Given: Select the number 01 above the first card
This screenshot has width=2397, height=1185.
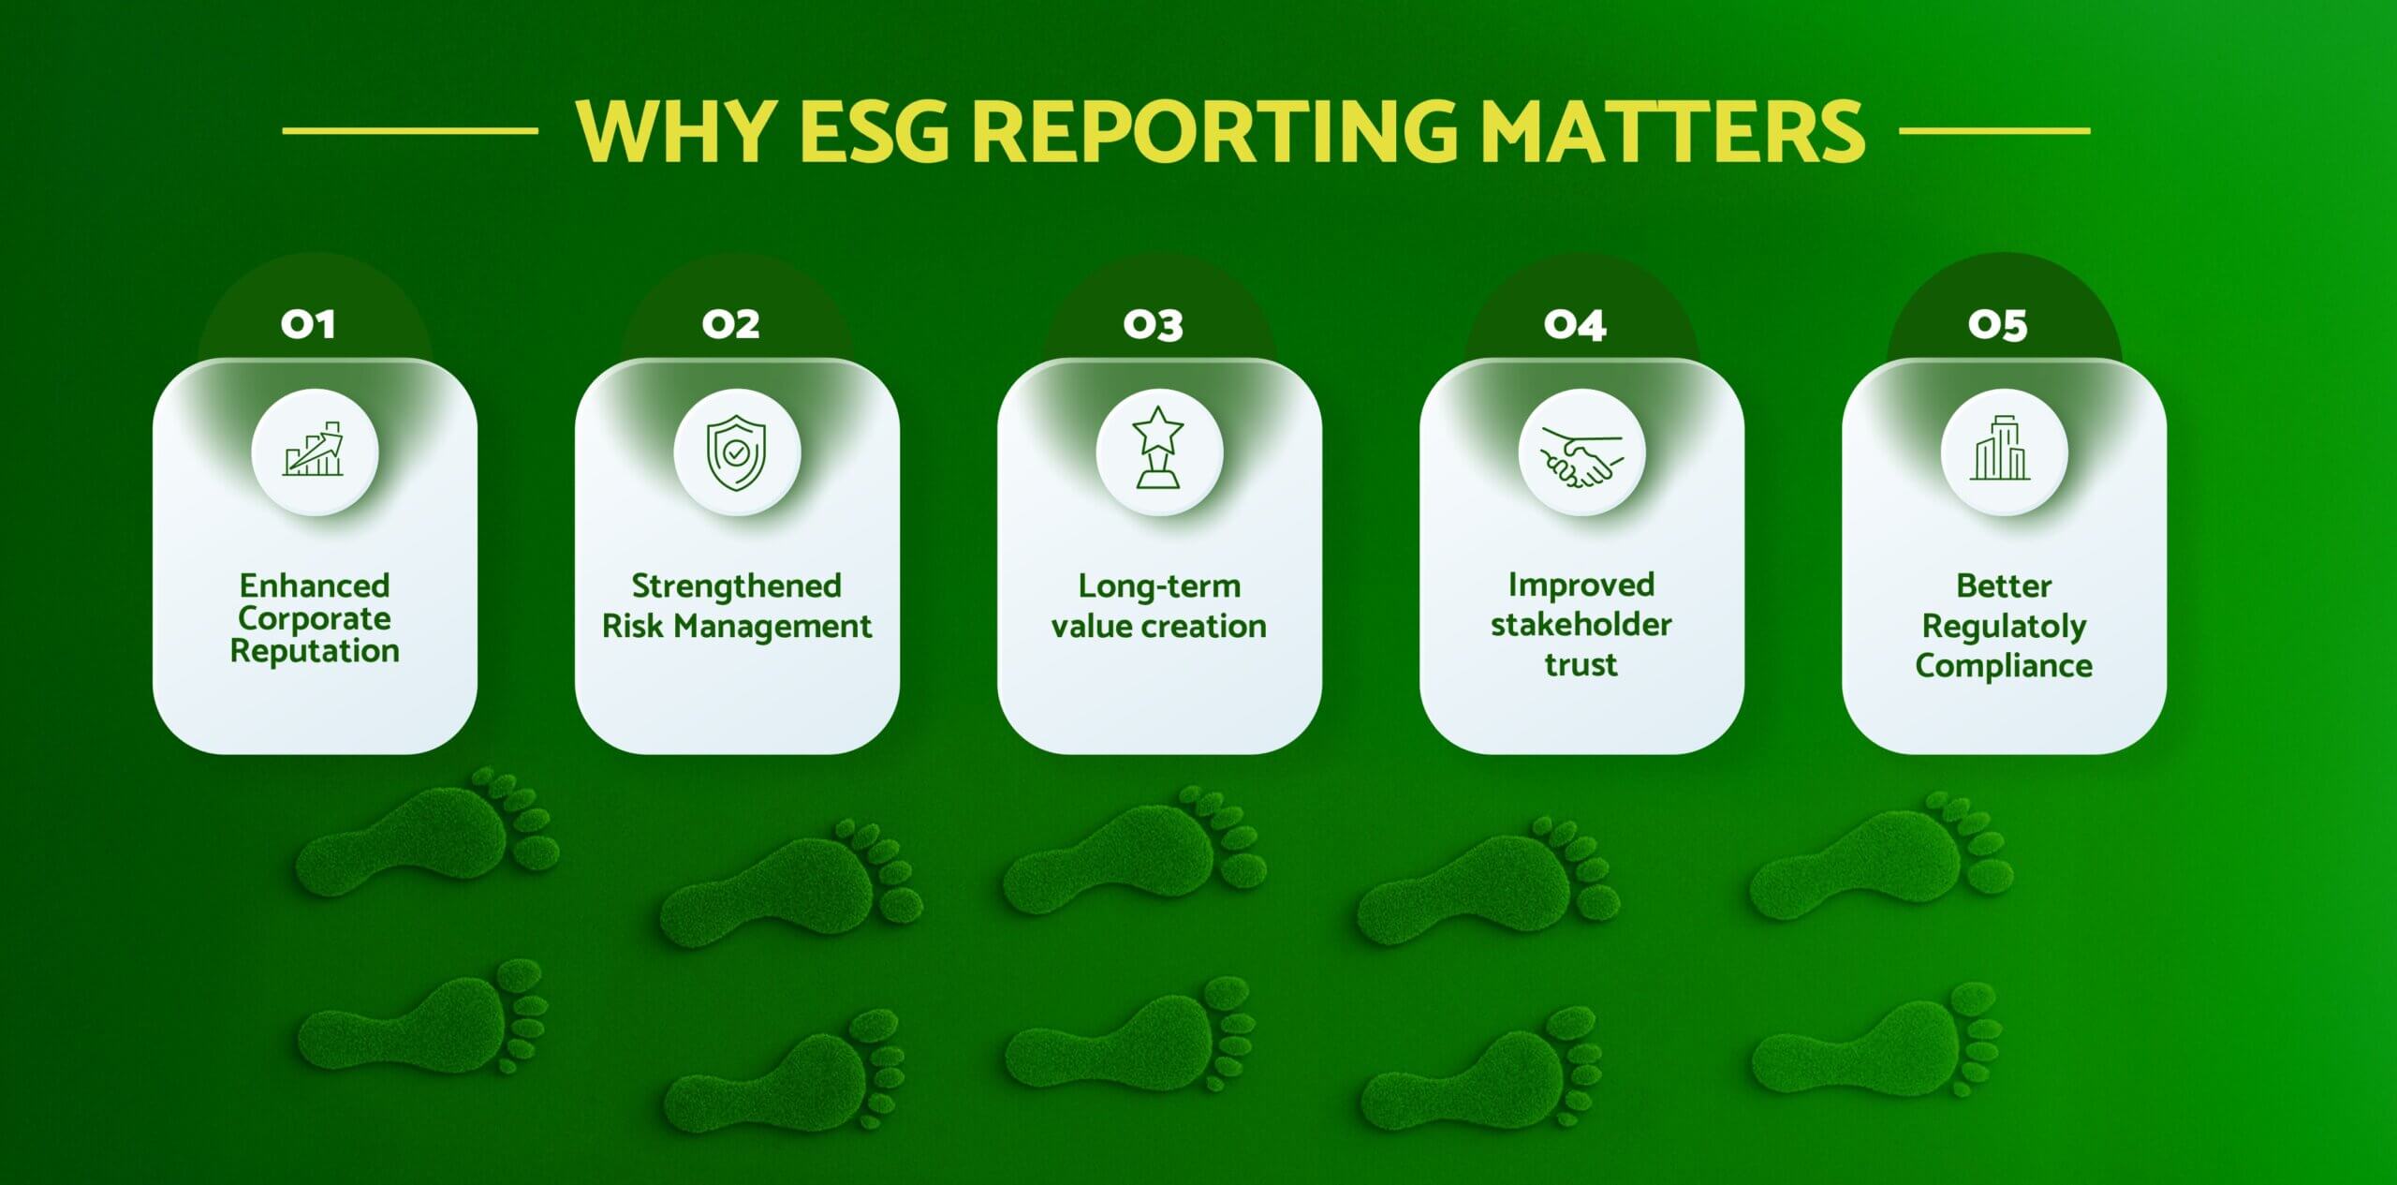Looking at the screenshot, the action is tap(308, 325).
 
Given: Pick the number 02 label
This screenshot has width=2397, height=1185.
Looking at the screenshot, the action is tap(731, 325).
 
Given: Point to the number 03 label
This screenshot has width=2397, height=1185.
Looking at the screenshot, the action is tap(1154, 325).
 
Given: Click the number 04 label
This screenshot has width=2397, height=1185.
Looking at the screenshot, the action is tap(1576, 325).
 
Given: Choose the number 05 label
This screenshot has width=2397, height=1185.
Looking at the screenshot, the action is tap(1998, 325).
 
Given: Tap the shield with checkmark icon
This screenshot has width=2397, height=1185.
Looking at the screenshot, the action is tap(737, 452).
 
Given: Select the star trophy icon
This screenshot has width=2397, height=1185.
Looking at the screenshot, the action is tap(1159, 447).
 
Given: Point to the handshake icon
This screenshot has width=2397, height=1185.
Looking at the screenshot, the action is tap(1581, 457).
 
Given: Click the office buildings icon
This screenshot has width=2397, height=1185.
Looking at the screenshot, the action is tap(2000, 448).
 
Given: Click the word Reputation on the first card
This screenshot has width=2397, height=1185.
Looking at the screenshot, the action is tap(315, 652).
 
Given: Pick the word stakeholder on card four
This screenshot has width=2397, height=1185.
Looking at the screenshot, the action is tap(1581, 624).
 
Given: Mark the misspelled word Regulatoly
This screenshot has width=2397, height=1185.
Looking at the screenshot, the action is tap(2004, 627).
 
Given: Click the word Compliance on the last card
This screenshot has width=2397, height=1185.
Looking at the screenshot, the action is tap(2004, 666).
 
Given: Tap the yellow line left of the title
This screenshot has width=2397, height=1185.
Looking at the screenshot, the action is tap(410, 131).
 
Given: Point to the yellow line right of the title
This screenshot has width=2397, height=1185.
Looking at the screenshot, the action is tap(1995, 131).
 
